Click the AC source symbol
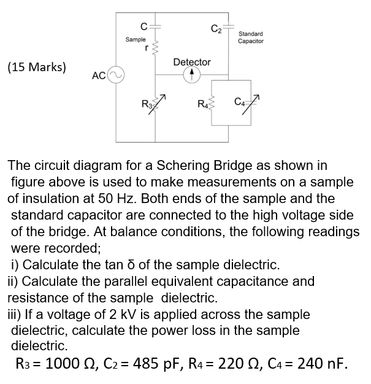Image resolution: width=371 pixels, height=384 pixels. coord(117,75)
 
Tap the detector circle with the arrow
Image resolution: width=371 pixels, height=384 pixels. coord(191,75)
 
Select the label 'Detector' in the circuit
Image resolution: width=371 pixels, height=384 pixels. coord(192,62)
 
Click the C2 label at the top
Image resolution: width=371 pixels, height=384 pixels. coord(215,26)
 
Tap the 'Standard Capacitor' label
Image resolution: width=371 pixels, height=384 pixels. coord(251,37)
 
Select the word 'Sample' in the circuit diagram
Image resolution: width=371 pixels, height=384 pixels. coord(136,39)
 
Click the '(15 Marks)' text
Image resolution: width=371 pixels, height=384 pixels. coord(37,67)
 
